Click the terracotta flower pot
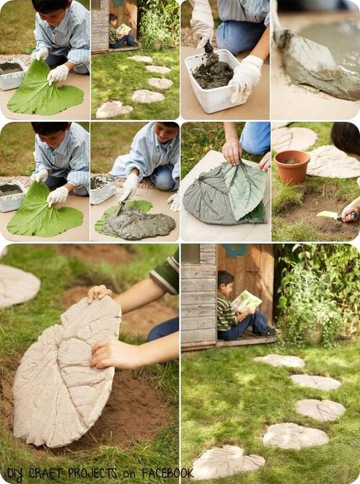(291, 167)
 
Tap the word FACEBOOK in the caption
(167, 473)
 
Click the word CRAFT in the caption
(46, 473)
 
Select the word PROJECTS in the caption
(92, 473)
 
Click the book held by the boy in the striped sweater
(246, 300)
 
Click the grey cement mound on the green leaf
(140, 223)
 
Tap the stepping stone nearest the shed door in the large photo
(279, 361)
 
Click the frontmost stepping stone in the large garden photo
(228, 461)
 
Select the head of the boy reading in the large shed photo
(225, 281)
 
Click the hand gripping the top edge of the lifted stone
(99, 293)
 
